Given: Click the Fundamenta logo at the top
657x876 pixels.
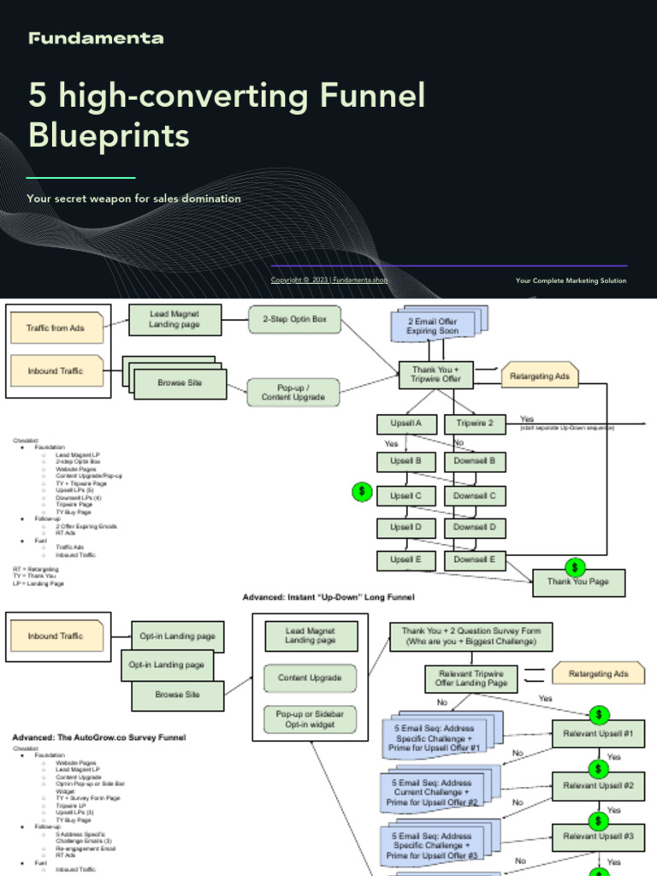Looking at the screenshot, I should (x=95, y=38).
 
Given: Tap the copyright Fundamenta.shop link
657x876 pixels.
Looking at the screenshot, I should (x=329, y=280).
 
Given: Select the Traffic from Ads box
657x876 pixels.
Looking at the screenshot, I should (x=56, y=328).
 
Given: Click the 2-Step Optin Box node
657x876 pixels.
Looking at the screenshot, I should (x=294, y=320).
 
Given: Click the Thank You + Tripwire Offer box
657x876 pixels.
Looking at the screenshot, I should (x=435, y=373).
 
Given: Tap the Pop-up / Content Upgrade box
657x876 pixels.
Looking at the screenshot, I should (x=293, y=392).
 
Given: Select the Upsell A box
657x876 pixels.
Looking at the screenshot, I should (x=406, y=423).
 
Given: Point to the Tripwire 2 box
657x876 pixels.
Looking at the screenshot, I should (x=475, y=423).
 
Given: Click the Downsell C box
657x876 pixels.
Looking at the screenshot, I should (x=475, y=495).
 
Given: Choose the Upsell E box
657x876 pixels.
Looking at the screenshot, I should (x=406, y=559).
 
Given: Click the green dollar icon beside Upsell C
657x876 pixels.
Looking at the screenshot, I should (x=362, y=492).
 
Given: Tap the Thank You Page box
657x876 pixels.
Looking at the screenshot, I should (x=578, y=583).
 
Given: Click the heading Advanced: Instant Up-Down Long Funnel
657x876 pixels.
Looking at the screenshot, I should (x=328, y=596).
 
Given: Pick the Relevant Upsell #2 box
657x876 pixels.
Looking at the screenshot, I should (x=598, y=785).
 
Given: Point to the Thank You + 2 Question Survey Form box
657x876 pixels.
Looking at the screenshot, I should (x=471, y=636).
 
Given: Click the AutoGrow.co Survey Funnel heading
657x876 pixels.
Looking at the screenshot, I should (x=98, y=737).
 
